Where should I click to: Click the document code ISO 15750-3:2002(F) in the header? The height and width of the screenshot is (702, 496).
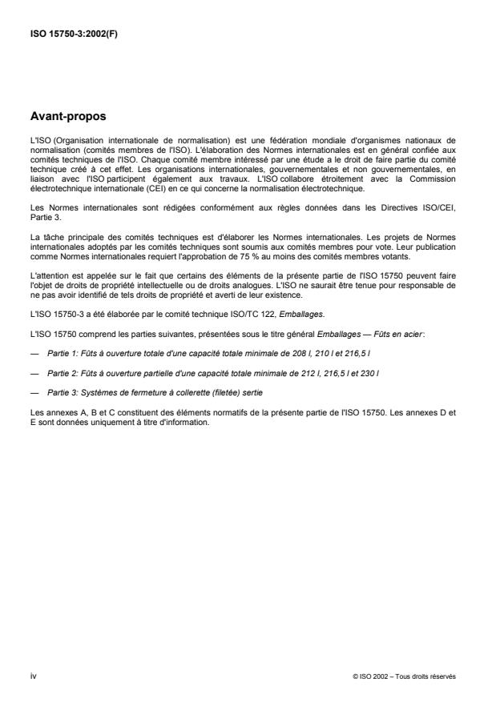(77, 34)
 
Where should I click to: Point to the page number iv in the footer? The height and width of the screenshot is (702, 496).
(33, 676)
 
